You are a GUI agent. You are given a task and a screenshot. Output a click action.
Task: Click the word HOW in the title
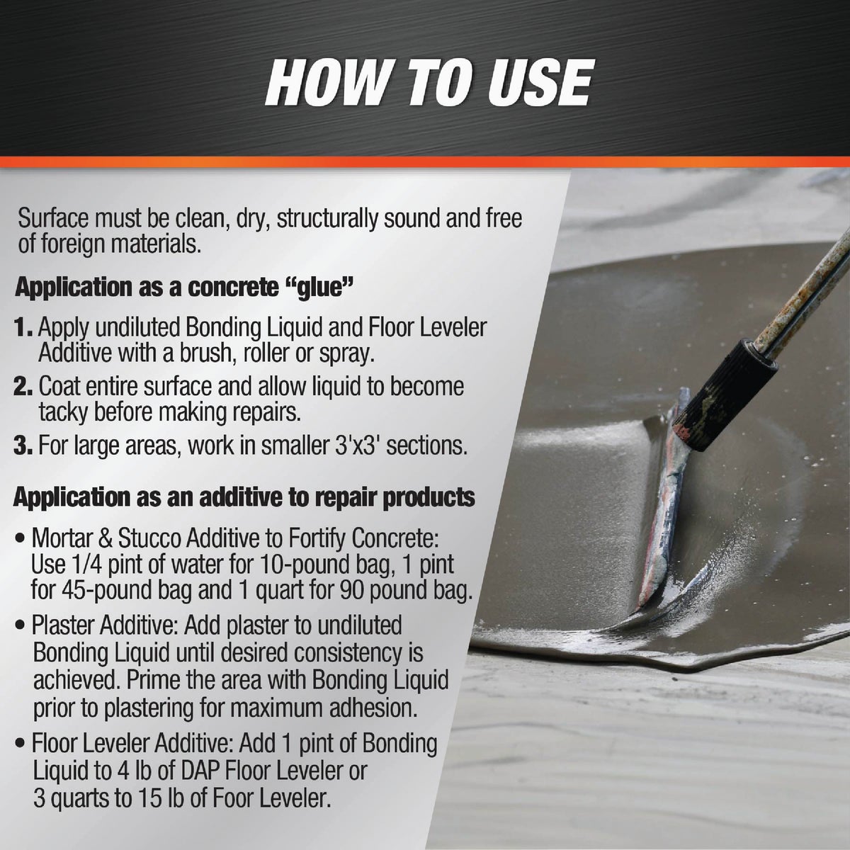click(321, 84)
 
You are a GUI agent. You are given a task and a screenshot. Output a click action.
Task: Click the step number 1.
click(23, 328)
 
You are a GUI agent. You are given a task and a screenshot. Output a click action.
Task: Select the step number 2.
click(24, 387)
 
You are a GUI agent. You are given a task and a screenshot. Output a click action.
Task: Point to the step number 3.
click(24, 446)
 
